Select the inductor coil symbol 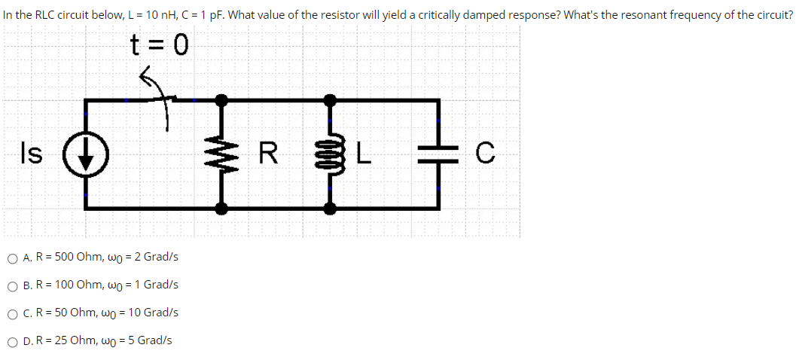click(330, 154)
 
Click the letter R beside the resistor click(267, 154)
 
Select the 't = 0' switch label click(157, 47)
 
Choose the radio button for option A click(13, 258)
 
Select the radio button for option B click(13, 285)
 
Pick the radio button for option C click(13, 313)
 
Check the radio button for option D click(13, 340)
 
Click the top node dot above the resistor click(221, 99)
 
